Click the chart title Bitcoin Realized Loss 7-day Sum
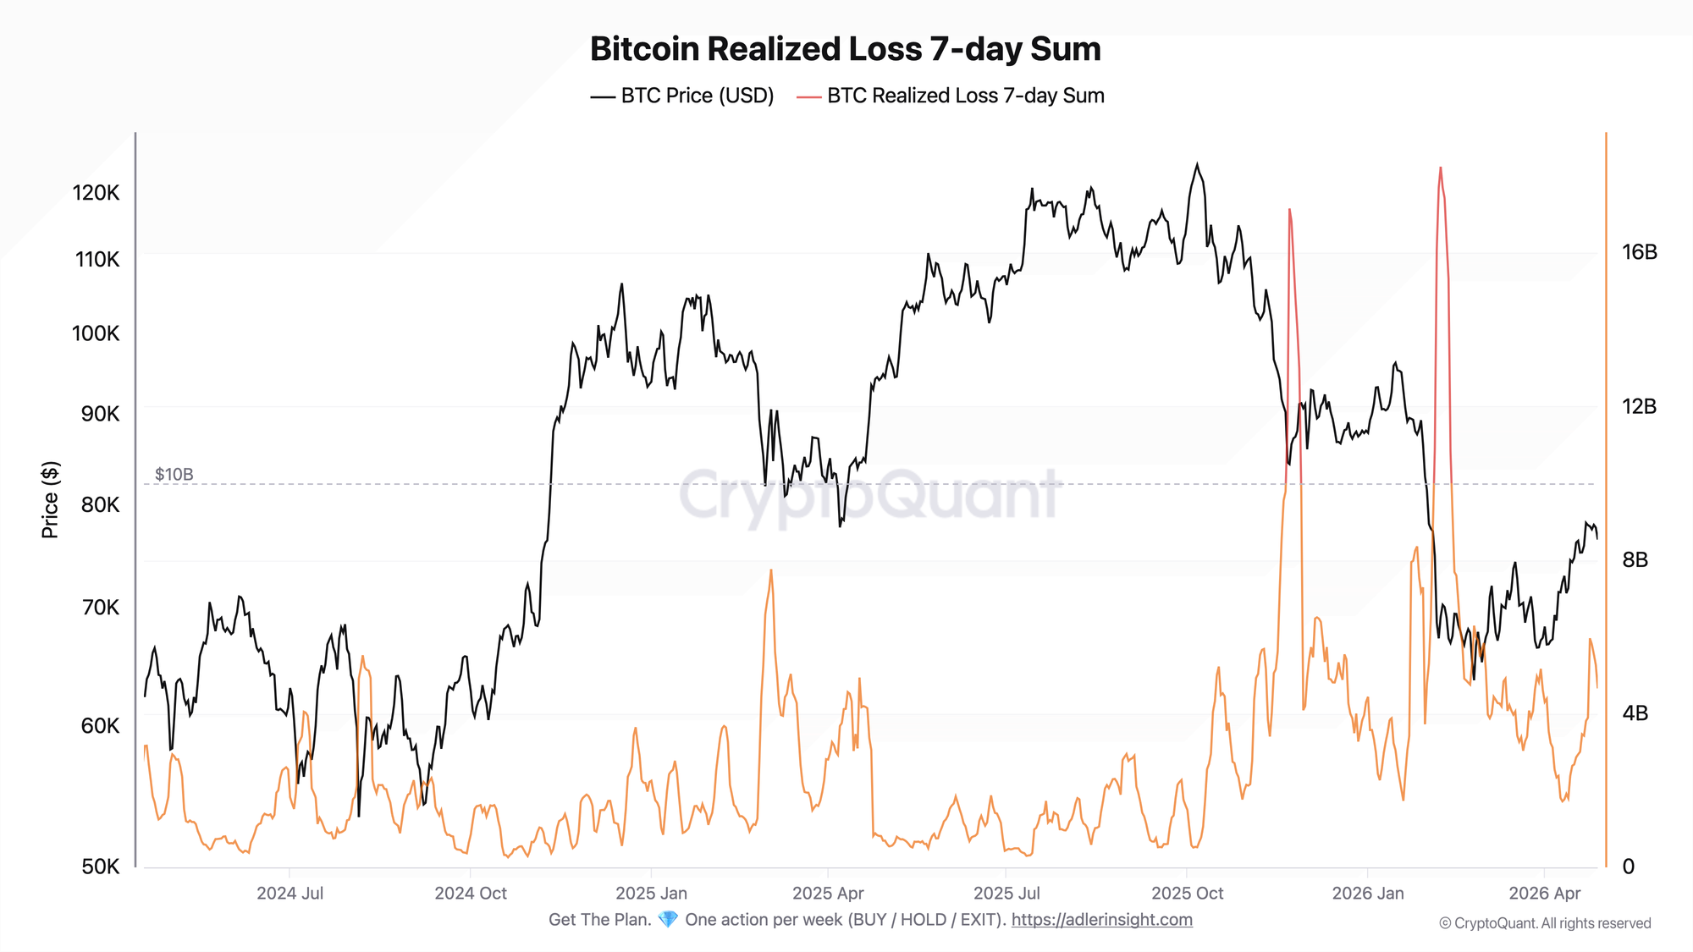845,49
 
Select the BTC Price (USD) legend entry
682,96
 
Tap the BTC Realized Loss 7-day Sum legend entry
951,96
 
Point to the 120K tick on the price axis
96,193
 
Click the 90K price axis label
100,414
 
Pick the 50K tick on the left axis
100,867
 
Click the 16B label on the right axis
1639,252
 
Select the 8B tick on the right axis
1635,560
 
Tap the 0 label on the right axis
1628,867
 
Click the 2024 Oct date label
471,894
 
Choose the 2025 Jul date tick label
1006,894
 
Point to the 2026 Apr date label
1545,894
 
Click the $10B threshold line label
174,475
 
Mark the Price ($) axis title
51,500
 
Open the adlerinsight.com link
1101,920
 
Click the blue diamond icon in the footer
668,920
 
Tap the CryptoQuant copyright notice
1545,923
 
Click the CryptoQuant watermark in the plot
869,495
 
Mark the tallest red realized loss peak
1440,168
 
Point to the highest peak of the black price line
1197,164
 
